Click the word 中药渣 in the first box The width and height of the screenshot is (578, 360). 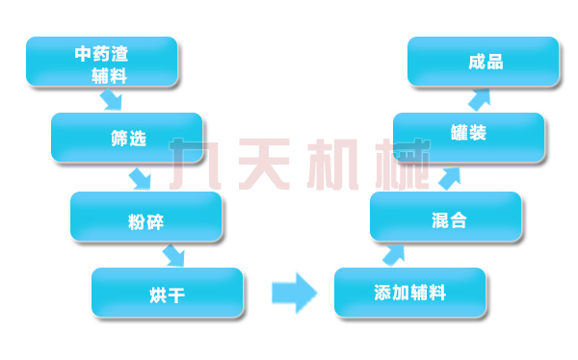tap(101, 54)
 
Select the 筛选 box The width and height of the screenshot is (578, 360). tap(127, 138)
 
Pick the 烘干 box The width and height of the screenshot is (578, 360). tap(167, 293)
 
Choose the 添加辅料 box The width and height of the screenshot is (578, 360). tap(409, 293)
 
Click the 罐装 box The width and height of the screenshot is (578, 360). tap(468, 137)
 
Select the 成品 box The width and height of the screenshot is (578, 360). tap(484, 62)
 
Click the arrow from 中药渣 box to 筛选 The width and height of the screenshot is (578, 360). tap(113, 100)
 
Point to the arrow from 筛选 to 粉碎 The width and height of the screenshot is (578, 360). tap(141, 178)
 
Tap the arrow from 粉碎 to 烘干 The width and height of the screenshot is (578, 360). tap(173, 255)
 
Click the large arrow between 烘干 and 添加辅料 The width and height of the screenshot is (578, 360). tap(294, 292)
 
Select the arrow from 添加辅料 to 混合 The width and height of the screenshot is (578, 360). tap(394, 254)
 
